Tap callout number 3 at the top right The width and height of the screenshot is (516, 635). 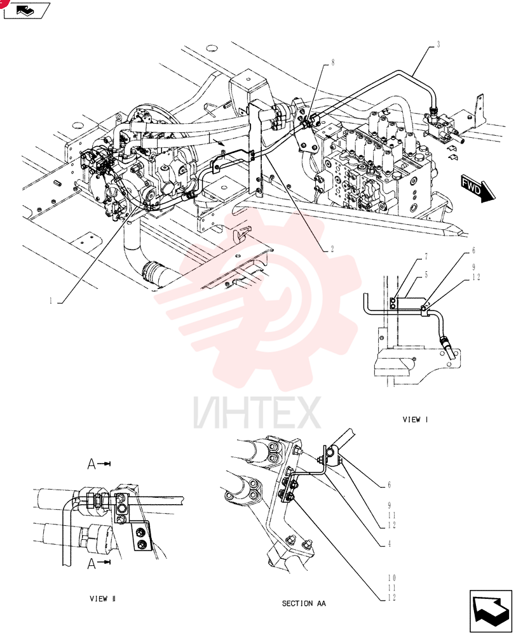pos(438,45)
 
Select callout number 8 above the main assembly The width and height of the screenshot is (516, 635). pos(333,63)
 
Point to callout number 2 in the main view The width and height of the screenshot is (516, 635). pos(332,249)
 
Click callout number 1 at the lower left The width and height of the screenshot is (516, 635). pos(51,301)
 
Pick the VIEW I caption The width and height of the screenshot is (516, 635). pos(415,420)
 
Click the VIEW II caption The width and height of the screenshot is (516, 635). pos(102,599)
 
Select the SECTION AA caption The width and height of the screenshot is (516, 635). pos(304,603)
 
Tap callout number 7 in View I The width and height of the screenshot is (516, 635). pos(426,257)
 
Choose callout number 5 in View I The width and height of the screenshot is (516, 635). pos(426,276)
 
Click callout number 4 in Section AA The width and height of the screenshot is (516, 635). pos(390,544)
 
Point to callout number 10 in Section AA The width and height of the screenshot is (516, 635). pos(391,578)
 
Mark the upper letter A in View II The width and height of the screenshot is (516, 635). pos(92,464)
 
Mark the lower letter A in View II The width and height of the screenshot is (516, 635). pos(92,563)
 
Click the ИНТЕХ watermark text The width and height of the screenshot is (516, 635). pos(257,413)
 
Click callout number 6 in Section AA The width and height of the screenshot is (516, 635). pos(390,485)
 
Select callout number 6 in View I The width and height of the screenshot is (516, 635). pos(473,251)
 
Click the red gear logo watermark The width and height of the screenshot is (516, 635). pos(257,300)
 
